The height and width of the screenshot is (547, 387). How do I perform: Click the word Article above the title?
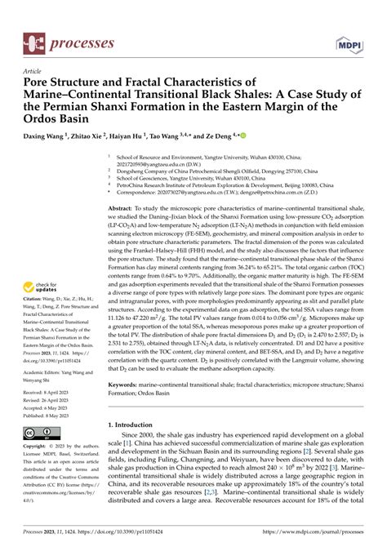click(x=33, y=71)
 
